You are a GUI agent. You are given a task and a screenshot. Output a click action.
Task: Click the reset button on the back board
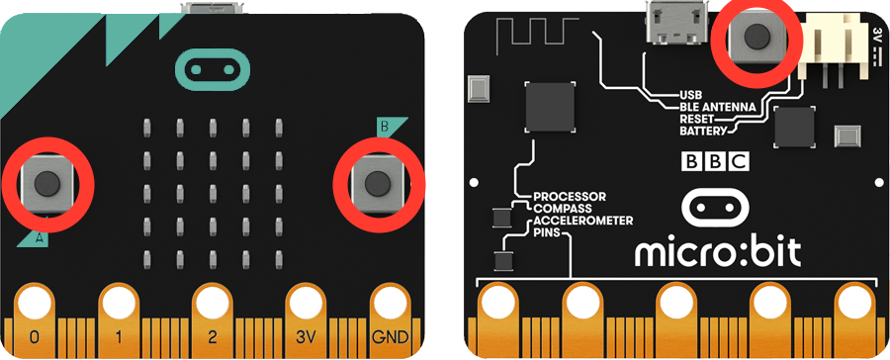click(x=756, y=38)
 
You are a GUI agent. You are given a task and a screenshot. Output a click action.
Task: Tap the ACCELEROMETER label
click(x=582, y=221)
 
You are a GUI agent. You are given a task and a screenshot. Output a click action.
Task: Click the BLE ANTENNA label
click(x=718, y=107)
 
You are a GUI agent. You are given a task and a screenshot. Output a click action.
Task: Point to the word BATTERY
click(x=703, y=132)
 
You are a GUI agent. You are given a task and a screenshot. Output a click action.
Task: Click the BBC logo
click(x=715, y=161)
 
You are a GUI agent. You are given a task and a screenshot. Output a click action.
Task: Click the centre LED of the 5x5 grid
click(x=213, y=190)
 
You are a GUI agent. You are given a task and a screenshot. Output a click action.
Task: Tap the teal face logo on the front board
click(x=213, y=70)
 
